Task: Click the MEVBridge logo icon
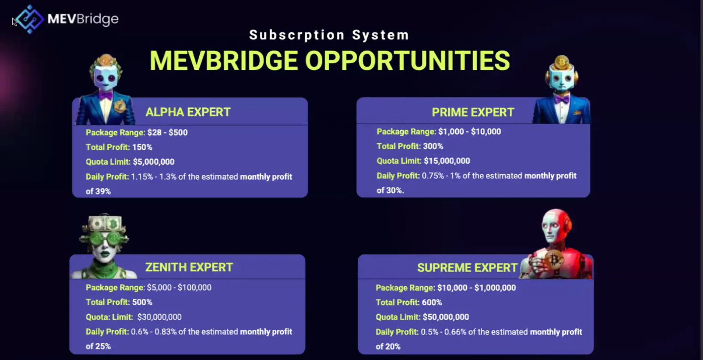tap(30, 19)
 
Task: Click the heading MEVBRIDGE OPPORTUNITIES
tap(330, 61)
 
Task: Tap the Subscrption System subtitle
tap(329, 35)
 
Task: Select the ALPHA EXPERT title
tap(188, 112)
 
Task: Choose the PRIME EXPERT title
tap(473, 112)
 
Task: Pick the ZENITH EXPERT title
tap(189, 267)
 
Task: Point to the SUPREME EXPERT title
tap(467, 268)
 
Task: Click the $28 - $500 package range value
tap(168, 132)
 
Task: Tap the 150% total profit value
tap(142, 147)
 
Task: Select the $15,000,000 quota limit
tap(447, 161)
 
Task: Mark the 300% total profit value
tap(433, 146)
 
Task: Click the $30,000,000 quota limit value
tap(159, 317)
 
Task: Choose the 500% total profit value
tap(142, 302)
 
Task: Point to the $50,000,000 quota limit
tap(446, 317)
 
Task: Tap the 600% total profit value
tap(432, 303)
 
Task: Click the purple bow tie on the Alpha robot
tap(105, 95)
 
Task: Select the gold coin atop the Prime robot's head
tap(562, 62)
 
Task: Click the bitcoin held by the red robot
tap(554, 260)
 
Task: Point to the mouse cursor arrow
tap(15, 22)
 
